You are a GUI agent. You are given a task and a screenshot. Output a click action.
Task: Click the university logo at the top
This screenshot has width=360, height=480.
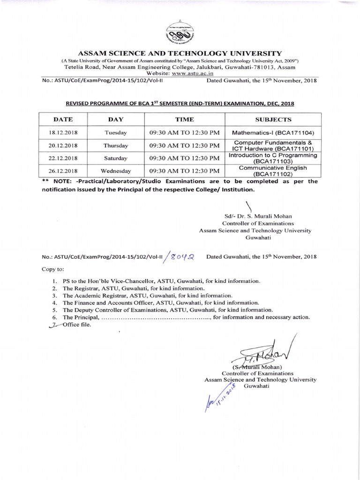click(x=180, y=33)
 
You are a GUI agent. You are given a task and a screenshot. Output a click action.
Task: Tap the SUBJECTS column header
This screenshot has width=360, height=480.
click(x=273, y=120)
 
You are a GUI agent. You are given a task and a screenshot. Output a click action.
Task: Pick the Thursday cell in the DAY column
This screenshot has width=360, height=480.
click(x=115, y=146)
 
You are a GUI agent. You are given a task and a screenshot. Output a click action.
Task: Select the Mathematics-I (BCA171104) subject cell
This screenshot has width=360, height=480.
click(x=273, y=133)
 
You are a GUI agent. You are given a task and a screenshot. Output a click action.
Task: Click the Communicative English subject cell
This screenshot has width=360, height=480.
click(x=273, y=171)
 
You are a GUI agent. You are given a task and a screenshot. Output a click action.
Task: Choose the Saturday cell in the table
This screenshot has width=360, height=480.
click(x=115, y=158)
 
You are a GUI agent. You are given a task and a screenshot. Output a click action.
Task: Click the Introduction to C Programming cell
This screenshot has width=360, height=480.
click(x=273, y=158)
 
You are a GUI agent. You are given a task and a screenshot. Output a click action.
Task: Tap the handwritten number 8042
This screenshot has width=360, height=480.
click(x=182, y=256)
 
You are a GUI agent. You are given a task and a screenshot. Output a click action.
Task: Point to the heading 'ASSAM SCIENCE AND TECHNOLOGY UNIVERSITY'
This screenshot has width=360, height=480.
click(x=180, y=53)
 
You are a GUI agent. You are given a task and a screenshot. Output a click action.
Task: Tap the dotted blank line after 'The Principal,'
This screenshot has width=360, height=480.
click(x=156, y=317)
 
